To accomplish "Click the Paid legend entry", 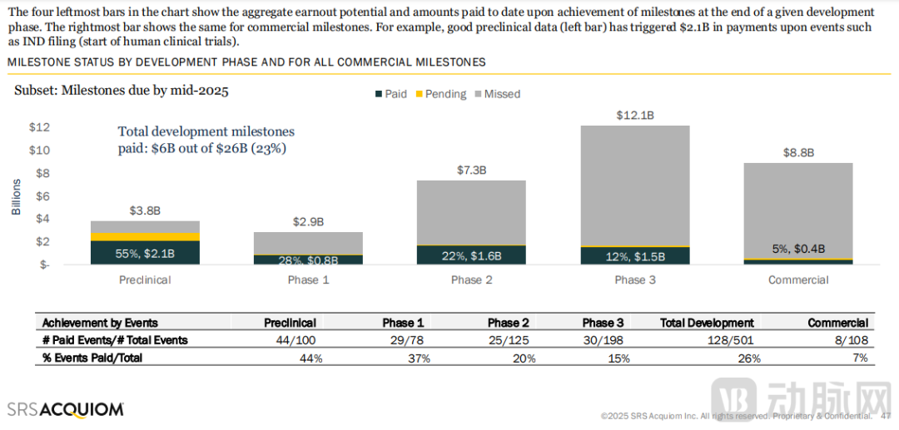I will click(390, 94).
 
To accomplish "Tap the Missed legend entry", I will click(496, 94).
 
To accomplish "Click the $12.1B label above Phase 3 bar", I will click(634, 115).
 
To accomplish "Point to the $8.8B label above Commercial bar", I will click(798, 152).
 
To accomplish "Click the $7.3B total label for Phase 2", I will click(471, 170).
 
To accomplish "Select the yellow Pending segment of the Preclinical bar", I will click(145, 236).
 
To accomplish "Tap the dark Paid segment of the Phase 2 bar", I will click(471, 255).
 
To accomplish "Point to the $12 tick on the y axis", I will click(40, 127).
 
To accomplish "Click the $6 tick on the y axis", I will click(43, 196).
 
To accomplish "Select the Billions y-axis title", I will click(17, 196).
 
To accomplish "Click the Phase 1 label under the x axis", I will click(308, 280).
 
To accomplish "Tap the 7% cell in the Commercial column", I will click(860, 358).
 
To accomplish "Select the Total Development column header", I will click(707, 323).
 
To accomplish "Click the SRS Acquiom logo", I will click(66, 408).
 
